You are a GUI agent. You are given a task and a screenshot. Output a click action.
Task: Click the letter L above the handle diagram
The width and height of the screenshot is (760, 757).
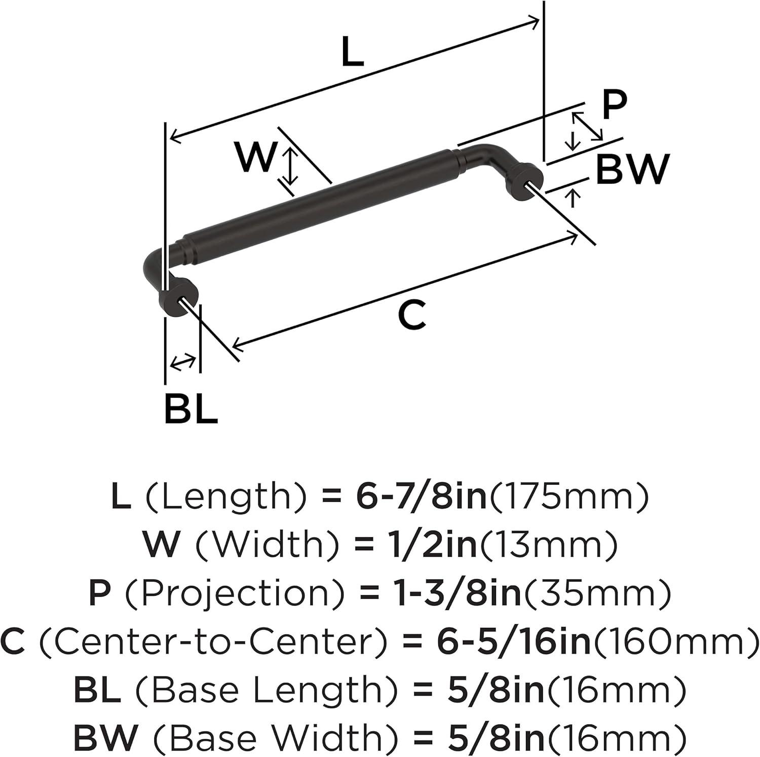tap(353, 52)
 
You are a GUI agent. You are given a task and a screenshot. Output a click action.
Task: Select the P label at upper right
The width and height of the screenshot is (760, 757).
tap(615, 105)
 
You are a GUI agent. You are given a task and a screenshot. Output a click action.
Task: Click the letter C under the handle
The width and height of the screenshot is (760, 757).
tap(412, 316)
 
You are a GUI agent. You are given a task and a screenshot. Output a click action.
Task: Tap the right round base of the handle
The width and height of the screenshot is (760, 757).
tap(525, 185)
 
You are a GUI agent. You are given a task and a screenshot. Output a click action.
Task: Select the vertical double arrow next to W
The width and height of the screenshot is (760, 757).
tap(290, 165)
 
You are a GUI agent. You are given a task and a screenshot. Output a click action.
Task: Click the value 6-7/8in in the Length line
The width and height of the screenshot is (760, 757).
tap(421, 496)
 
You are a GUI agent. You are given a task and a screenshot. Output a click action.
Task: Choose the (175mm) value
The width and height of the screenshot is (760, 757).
tap(567, 497)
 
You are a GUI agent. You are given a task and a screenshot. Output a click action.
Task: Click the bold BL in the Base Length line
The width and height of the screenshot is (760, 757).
tap(97, 690)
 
